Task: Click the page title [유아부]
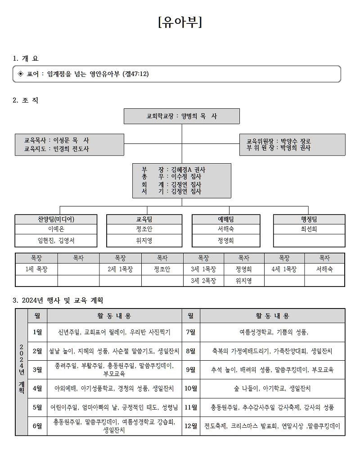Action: coord(180,22)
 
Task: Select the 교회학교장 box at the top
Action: coord(181,116)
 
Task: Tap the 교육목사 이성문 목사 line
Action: coord(57,141)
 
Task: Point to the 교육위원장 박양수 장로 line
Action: coord(279,141)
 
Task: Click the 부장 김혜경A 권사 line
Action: coord(174,170)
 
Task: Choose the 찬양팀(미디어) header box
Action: coord(56,219)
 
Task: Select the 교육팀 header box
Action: coord(144,219)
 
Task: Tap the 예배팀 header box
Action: coord(225,219)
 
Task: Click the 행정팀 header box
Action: coord(309,219)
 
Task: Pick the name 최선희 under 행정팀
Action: coord(309,229)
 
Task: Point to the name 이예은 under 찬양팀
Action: coord(56,229)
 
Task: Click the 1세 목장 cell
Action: coord(36,269)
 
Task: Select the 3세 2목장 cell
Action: coord(203,281)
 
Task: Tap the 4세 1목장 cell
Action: coord(284,269)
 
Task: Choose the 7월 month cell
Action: coord(191,332)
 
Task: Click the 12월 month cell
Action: coord(191,426)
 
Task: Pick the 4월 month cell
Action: coord(37,388)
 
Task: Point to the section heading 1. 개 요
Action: coord(26,58)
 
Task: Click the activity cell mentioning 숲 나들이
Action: coord(272,388)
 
